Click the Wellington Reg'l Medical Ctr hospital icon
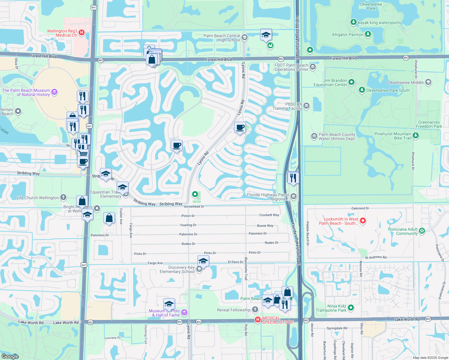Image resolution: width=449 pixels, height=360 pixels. click(x=81, y=32)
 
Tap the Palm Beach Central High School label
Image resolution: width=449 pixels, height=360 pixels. click(x=221, y=38)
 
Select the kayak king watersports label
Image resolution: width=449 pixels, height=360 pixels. click(x=379, y=22)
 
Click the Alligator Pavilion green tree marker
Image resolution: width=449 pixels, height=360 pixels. click(x=368, y=34)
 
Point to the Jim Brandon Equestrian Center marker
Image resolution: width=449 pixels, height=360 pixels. click(x=351, y=82)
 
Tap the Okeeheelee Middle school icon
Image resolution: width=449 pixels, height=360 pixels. click(x=428, y=82)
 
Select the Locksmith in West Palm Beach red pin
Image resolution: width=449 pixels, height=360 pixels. click(x=363, y=221)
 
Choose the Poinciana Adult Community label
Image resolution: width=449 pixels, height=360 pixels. click(x=403, y=231)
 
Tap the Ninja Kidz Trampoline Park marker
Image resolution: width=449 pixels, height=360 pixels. click(x=351, y=307)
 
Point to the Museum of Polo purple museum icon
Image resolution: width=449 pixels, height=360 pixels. click(x=184, y=313)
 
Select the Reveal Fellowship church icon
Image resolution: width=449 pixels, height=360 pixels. click(x=255, y=309)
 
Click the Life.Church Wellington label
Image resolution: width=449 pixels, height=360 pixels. click(x=38, y=198)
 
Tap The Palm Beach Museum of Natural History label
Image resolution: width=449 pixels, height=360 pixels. click(x=26, y=92)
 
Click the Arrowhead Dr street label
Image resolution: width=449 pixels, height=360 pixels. click(x=194, y=206)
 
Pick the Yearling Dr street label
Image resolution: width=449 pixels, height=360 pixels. click(x=188, y=225)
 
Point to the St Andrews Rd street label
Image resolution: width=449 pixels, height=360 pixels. click(x=375, y=257)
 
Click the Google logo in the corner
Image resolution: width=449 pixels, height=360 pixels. click(x=10, y=356)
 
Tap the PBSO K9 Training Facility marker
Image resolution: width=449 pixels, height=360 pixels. click(x=306, y=106)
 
